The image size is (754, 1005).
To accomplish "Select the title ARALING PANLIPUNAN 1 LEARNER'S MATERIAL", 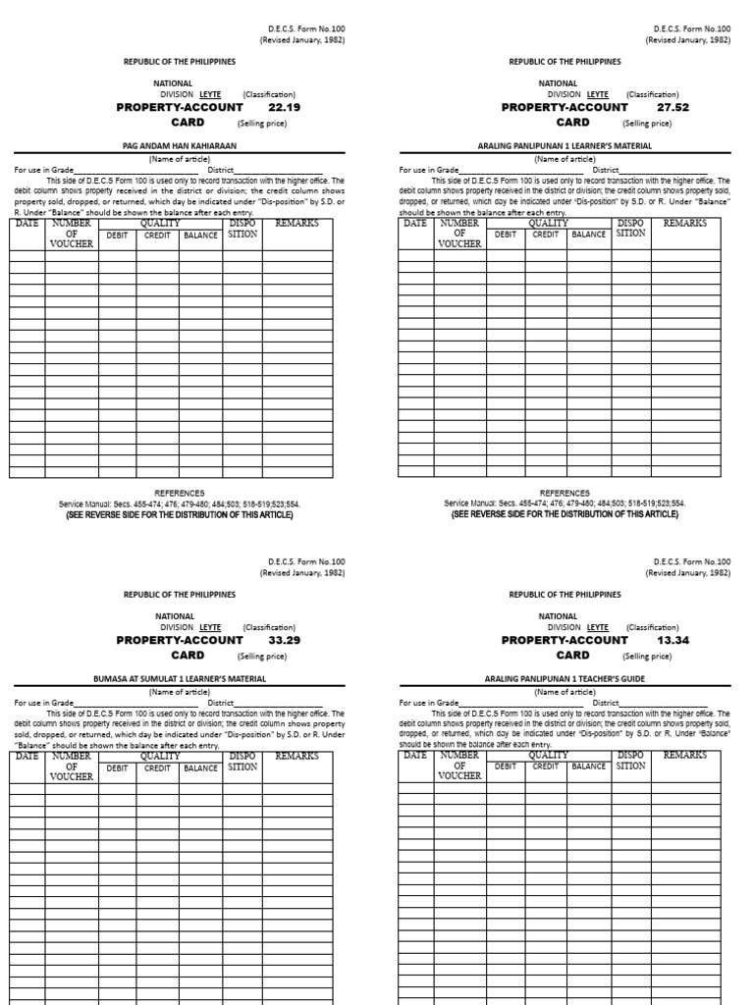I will (565, 145).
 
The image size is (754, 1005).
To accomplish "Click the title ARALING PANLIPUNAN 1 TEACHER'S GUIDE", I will (565, 678).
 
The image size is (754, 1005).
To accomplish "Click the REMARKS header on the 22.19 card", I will (296, 224).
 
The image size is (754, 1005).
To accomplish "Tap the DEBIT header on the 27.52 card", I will (505, 235).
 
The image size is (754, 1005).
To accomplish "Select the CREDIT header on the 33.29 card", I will (157, 768).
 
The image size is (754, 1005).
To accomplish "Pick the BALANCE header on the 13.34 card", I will (589, 767).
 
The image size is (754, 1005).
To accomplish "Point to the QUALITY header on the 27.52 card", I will (548, 224).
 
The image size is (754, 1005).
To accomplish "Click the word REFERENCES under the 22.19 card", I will (180, 493).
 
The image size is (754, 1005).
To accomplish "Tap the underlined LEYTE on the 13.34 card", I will (597, 627).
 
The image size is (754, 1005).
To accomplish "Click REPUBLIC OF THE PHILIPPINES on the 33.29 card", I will (180, 595).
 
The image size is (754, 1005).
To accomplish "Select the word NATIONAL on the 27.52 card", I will (558, 83).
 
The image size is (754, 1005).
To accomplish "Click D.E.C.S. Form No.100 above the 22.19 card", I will (306, 29).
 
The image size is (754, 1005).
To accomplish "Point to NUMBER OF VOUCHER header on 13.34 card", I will (459, 766).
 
